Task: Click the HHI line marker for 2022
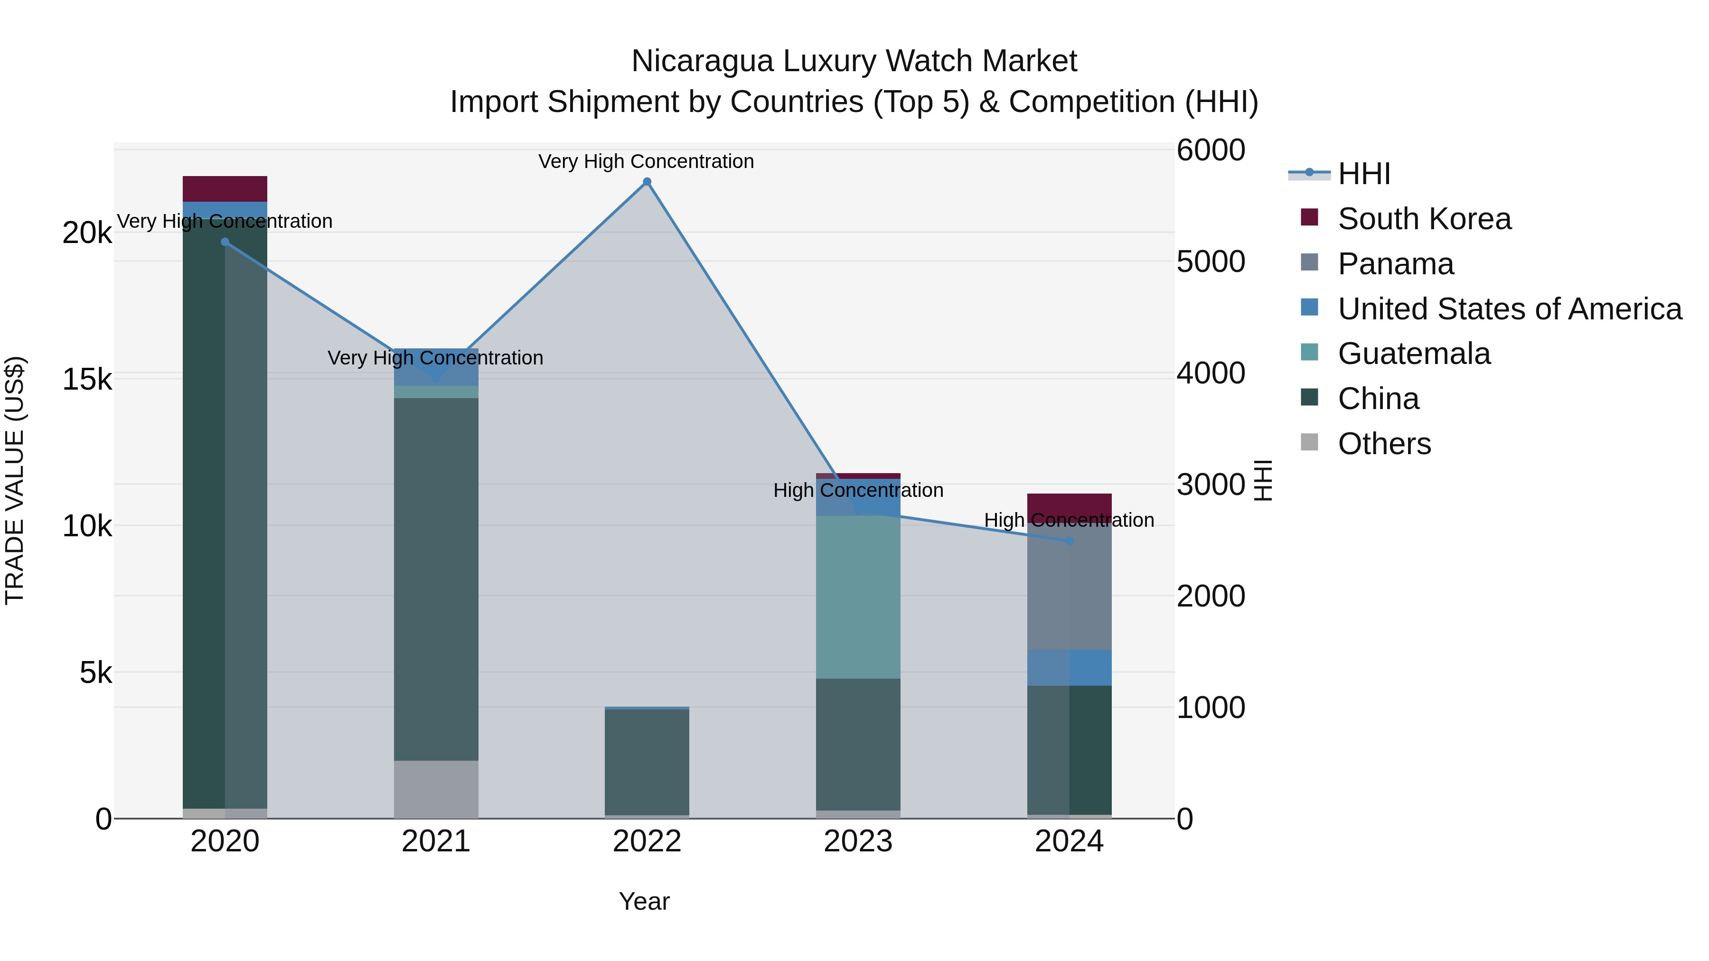click(647, 182)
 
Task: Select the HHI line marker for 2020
click(225, 242)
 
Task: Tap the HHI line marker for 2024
click(1069, 541)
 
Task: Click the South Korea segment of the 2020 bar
click(225, 189)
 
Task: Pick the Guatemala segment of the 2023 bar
click(858, 597)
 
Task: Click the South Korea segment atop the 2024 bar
click(1069, 504)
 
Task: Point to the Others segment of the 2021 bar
click(436, 789)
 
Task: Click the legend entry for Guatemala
click(1414, 354)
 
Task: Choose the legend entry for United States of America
click(1509, 309)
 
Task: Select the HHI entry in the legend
click(1363, 174)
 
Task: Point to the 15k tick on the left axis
click(87, 380)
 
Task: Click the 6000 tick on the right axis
click(1211, 150)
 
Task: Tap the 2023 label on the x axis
click(858, 841)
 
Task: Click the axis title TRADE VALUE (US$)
click(15, 480)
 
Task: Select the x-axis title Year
click(644, 901)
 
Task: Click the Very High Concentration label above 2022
click(646, 161)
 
